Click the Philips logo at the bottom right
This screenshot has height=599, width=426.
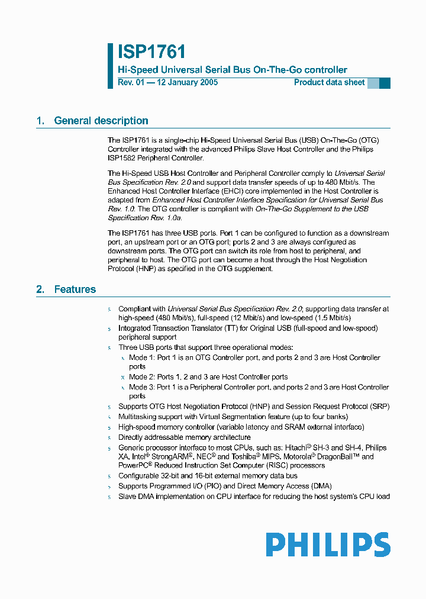328,544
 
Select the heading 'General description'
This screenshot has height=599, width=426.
101,121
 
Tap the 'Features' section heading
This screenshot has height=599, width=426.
75,289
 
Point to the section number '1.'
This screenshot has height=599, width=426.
40,121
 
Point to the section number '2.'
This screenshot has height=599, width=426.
40,289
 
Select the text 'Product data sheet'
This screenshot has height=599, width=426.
330,82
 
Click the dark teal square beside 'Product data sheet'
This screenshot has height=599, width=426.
385,83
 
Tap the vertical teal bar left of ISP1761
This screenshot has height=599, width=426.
110,66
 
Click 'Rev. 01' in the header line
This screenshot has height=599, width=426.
131,82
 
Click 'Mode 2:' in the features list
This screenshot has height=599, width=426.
142,377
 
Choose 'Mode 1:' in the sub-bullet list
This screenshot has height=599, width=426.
142,358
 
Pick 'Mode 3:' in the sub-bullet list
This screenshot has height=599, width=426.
142,387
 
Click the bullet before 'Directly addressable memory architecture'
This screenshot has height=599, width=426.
109,437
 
